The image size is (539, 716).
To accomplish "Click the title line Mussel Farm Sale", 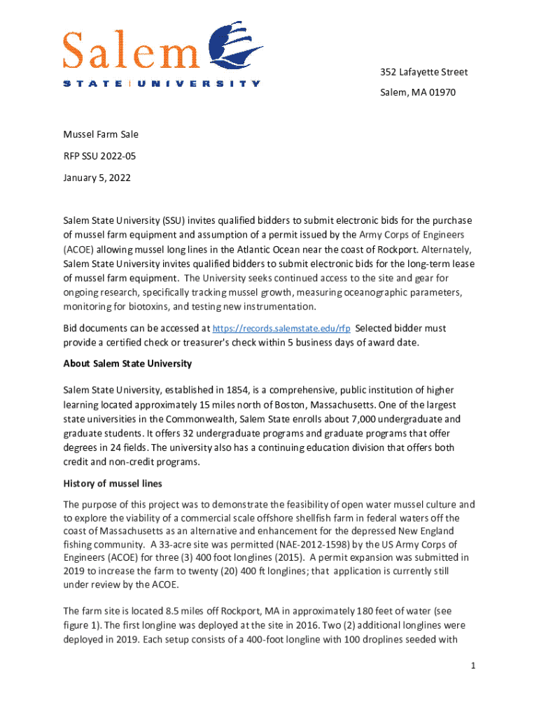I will [101, 134].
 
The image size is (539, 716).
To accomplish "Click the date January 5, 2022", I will [97, 178].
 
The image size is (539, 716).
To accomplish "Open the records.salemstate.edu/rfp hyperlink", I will [281, 328].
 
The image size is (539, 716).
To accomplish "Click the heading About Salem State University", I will [127, 364].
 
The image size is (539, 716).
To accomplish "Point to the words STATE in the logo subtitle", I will [92, 84].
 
